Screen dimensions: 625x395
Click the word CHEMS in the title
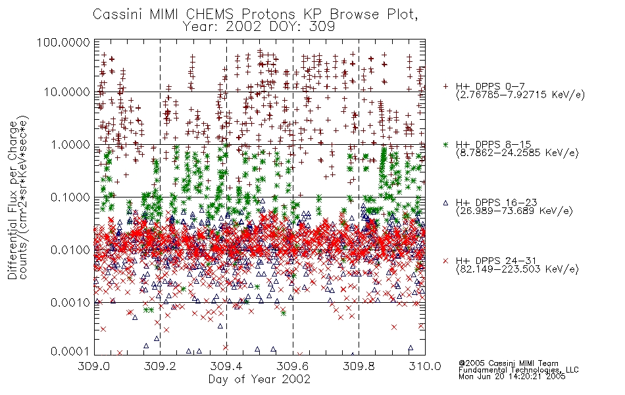pos(210,14)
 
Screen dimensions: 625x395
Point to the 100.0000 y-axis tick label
pos(64,42)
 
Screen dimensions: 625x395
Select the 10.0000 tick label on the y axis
pos(66,92)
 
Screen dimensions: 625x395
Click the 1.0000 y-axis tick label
pos(70,145)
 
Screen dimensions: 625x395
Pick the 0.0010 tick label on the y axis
pos(70,303)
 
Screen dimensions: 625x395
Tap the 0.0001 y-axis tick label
pos(70,352)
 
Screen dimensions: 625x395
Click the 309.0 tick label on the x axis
pos(94,366)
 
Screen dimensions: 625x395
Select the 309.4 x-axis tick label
pos(226,366)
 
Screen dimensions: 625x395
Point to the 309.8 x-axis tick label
pos(359,366)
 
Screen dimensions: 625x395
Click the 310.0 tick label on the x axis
pos(425,366)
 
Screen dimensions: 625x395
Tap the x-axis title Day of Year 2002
pos(259,379)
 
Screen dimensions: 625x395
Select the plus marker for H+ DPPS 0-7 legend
pos(445,86)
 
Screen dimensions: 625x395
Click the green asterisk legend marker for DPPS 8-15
pos(445,144)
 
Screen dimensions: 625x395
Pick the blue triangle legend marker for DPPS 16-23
pos(445,203)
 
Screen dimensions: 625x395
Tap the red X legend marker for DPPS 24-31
pos(445,261)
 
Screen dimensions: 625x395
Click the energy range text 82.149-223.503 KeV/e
pos(517,269)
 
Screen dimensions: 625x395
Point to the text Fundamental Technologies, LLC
pos(518,370)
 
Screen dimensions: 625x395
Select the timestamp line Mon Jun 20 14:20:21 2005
pos(512,377)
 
